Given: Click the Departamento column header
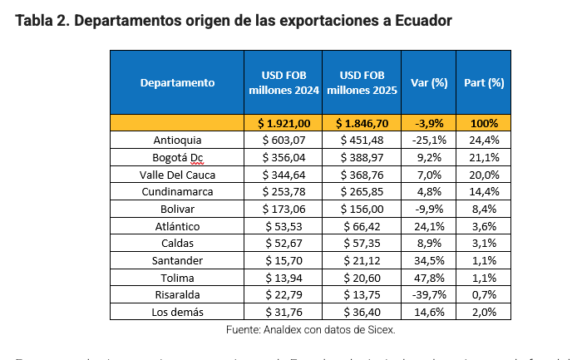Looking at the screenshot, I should [x=177, y=82].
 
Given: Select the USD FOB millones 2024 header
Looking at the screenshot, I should [x=283, y=82].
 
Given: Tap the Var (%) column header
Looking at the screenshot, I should [x=429, y=82].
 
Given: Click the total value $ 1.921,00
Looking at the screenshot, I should [x=284, y=123].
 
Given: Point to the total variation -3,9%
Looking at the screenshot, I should [x=430, y=123].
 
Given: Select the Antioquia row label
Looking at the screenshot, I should [x=178, y=140].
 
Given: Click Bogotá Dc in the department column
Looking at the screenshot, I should [x=178, y=157].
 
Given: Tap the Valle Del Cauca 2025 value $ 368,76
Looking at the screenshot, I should [x=362, y=175].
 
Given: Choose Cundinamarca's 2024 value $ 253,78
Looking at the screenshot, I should [x=284, y=191].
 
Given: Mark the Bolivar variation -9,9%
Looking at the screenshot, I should [x=430, y=209].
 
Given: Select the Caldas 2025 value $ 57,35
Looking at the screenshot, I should [x=362, y=243].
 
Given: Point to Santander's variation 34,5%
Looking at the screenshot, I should [x=430, y=260].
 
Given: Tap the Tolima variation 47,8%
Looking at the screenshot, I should [x=430, y=278].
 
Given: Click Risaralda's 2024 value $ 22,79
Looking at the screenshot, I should [x=284, y=294].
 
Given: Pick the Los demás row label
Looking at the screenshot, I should [x=178, y=312].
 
